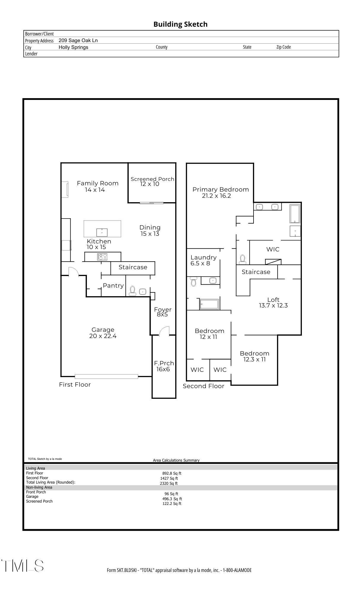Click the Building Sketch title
click(x=180, y=24)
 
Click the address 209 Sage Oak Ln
click(x=78, y=41)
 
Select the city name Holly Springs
click(x=73, y=47)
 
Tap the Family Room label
click(x=98, y=183)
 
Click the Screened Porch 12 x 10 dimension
click(x=150, y=184)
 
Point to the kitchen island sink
click(x=102, y=232)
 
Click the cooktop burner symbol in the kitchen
click(x=102, y=257)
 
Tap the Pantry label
click(x=113, y=286)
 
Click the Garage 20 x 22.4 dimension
click(x=103, y=336)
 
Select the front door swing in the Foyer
click(x=164, y=331)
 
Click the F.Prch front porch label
click(x=164, y=363)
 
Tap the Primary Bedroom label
click(x=220, y=189)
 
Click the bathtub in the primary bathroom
click(x=295, y=213)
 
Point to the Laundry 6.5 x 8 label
click(x=203, y=260)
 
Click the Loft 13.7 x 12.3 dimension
click(x=273, y=306)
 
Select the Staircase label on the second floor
click(x=256, y=272)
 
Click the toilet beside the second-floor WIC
click(x=243, y=259)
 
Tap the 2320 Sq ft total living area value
click(x=168, y=483)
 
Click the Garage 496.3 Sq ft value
click(x=172, y=499)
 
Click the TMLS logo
click(x=23, y=565)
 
